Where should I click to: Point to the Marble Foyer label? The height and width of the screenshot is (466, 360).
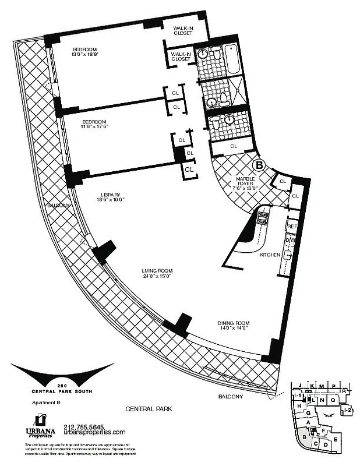pyautogui.click(x=245, y=179)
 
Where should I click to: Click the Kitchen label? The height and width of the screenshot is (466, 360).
pyautogui.click(x=270, y=255)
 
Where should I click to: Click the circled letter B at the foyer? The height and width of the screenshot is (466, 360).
pyautogui.click(x=260, y=165)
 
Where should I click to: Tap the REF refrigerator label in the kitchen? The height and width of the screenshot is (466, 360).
pyautogui.click(x=292, y=226)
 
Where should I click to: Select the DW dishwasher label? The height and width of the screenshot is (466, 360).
pyautogui.click(x=290, y=240)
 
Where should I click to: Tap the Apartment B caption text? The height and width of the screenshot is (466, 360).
pyautogui.click(x=41, y=403)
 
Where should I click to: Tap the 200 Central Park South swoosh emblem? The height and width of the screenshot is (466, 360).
pyautogui.click(x=62, y=373)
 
